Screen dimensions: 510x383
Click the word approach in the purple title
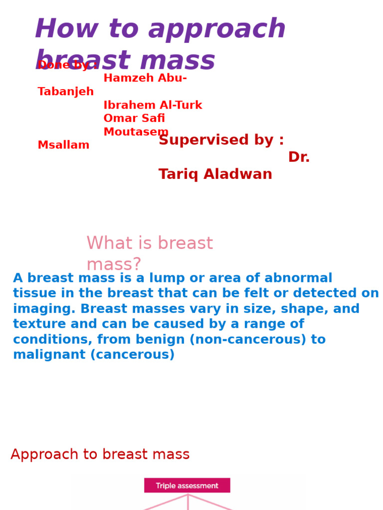tap(217, 29)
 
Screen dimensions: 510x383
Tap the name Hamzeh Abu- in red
tap(145, 78)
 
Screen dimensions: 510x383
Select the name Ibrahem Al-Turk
tap(153, 106)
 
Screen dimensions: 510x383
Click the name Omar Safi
tap(134, 119)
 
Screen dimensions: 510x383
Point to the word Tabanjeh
tap(65, 92)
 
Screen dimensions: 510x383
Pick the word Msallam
tap(63, 145)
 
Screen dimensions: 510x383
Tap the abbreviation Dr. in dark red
tap(299, 157)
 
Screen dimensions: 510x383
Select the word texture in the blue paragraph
tap(35, 325)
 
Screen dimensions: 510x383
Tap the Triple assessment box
tap(187, 486)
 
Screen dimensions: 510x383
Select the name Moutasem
tap(136, 132)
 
